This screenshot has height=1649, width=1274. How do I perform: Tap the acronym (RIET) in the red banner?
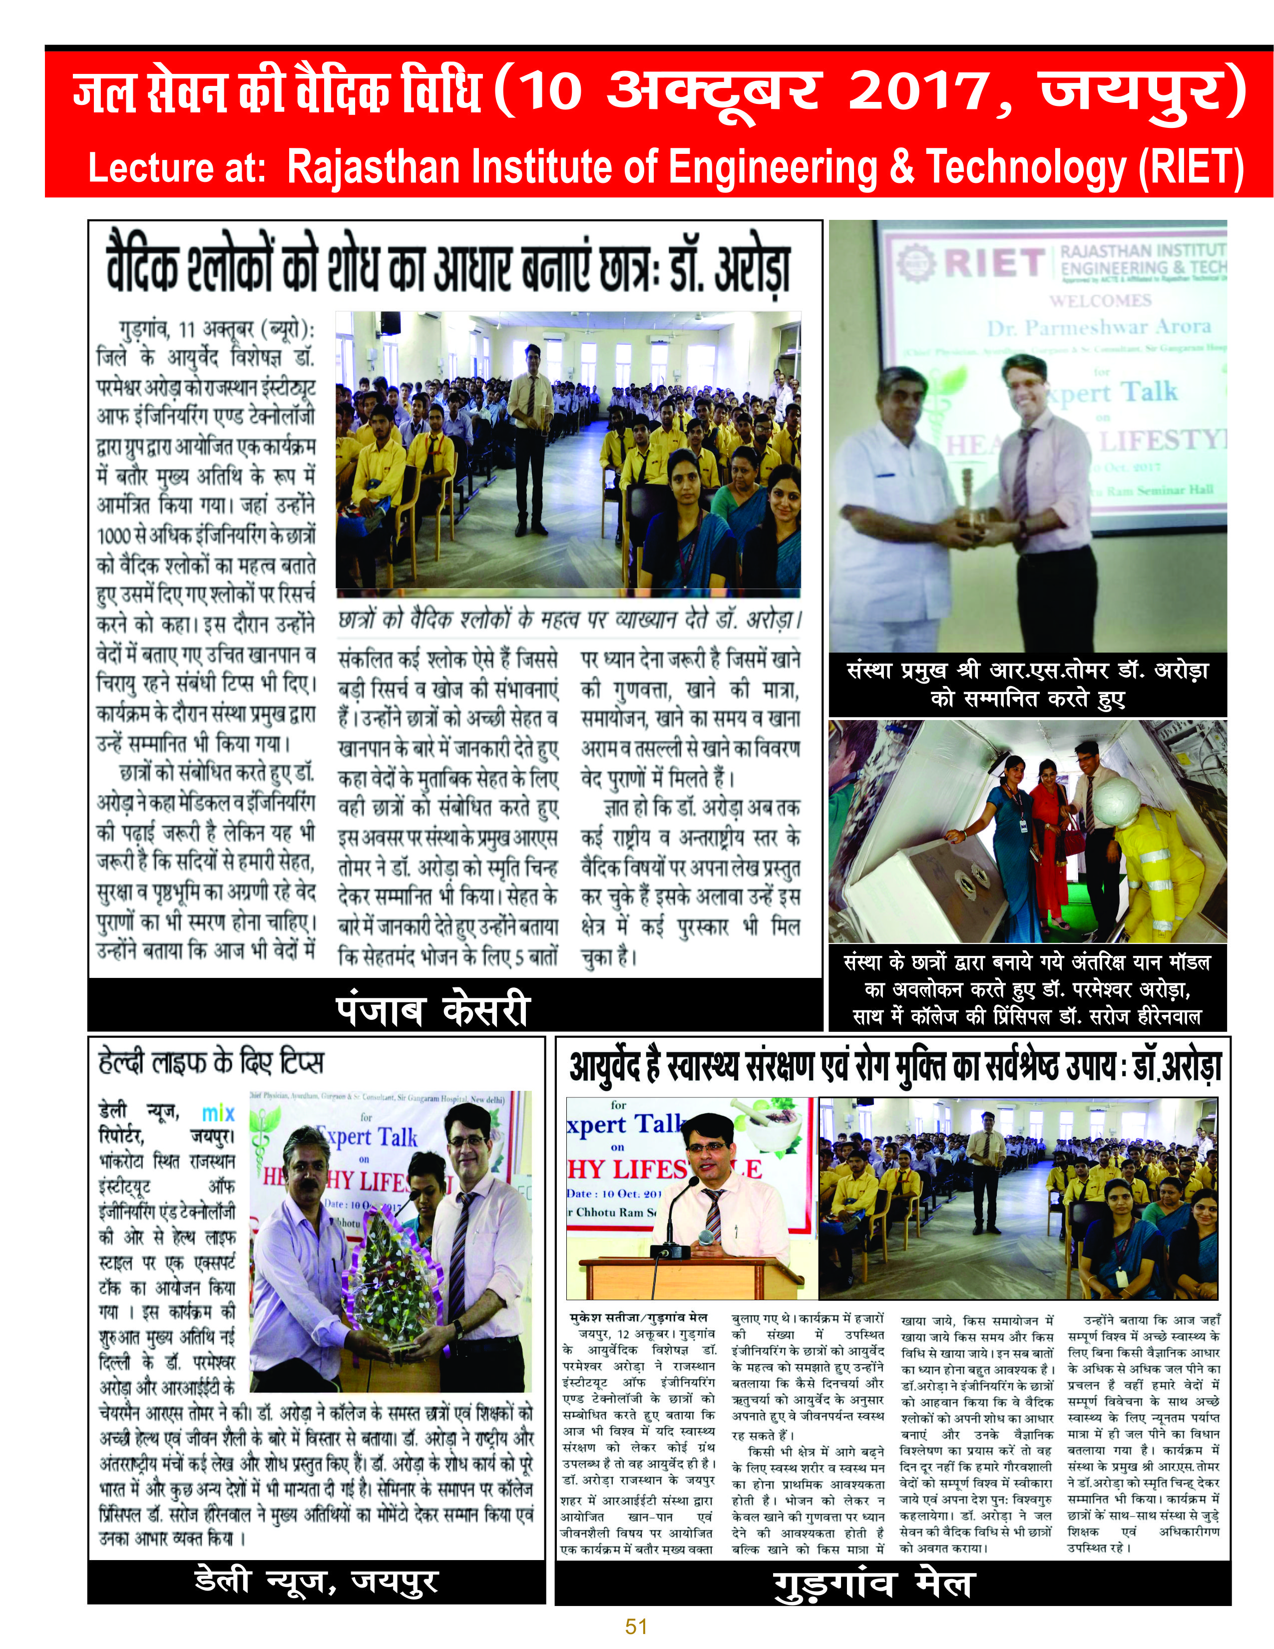click(1190, 167)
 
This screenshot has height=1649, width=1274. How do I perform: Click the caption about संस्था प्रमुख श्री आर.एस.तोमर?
click(1028, 684)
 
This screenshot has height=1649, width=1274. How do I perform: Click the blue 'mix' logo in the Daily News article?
click(218, 1112)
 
